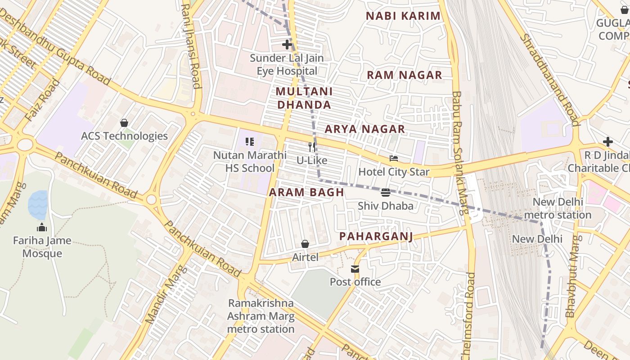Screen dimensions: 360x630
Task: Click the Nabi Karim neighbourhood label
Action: click(x=403, y=16)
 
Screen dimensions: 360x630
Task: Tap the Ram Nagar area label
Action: click(x=404, y=75)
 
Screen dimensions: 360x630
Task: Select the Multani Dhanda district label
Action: click(x=304, y=98)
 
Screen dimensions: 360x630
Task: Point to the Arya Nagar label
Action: click(x=365, y=129)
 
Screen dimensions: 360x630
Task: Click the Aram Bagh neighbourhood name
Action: click(x=306, y=193)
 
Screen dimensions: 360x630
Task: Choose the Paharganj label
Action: click(x=376, y=236)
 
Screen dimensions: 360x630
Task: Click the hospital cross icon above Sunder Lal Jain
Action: click(x=287, y=45)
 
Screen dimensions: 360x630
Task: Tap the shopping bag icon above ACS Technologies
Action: click(x=124, y=123)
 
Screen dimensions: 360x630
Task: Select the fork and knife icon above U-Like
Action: click(x=311, y=147)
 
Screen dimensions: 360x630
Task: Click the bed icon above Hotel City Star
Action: click(x=394, y=158)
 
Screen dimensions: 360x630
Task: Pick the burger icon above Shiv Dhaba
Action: click(x=385, y=193)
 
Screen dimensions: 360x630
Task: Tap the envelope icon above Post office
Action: click(x=355, y=269)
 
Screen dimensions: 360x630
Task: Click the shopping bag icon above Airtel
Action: click(x=305, y=244)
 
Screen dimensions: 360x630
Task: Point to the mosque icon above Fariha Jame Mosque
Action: click(x=42, y=227)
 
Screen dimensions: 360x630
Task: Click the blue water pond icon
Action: click(x=38, y=204)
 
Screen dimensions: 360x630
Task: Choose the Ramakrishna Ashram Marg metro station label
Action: click(x=261, y=316)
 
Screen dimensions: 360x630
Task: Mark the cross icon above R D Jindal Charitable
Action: click(x=607, y=142)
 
